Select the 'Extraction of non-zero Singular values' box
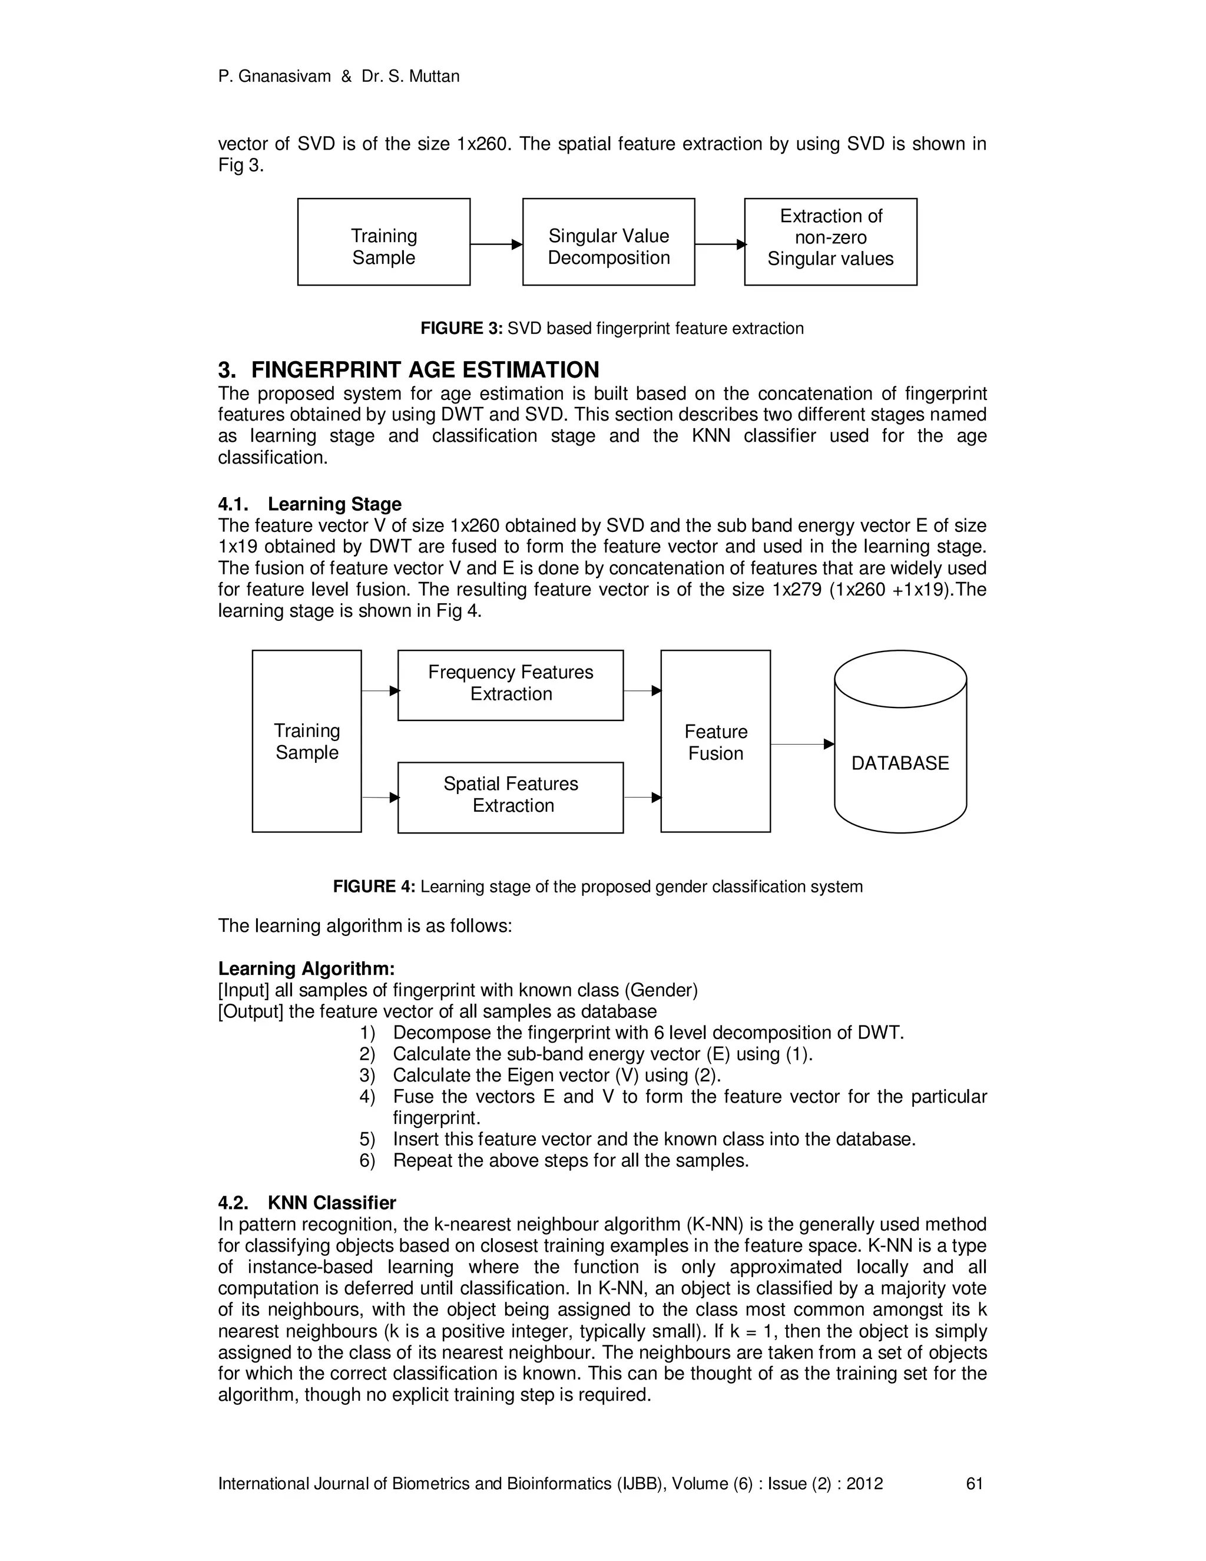pyautogui.click(x=830, y=242)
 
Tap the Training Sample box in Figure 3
pyautogui.click(x=384, y=242)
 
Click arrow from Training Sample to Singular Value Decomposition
pyautogui.click(x=496, y=244)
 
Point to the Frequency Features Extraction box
pyautogui.click(x=510, y=684)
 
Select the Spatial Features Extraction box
pyautogui.click(x=510, y=797)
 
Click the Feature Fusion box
pyautogui.click(x=715, y=741)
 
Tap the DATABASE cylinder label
pyautogui.click(x=900, y=763)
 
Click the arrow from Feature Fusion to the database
pyautogui.click(x=801, y=744)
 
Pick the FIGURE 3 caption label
pyautogui.click(x=462, y=329)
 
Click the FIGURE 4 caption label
pyautogui.click(x=374, y=887)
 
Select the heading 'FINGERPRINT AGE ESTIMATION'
pyautogui.click(x=425, y=369)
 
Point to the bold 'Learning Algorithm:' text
pyautogui.click(x=306, y=968)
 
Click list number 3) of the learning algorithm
pyautogui.click(x=367, y=1075)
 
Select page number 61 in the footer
pyautogui.click(x=975, y=1484)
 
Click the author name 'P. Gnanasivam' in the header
pyautogui.click(x=274, y=77)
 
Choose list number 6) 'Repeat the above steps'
pyautogui.click(x=367, y=1160)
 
